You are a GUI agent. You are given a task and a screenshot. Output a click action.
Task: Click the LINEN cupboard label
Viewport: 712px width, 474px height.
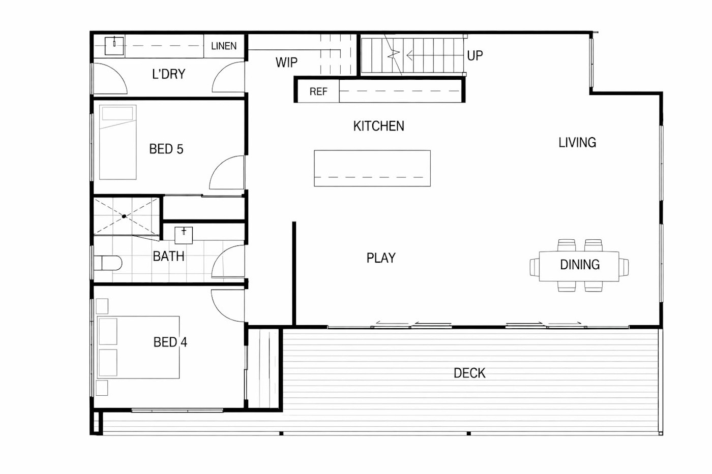(224, 46)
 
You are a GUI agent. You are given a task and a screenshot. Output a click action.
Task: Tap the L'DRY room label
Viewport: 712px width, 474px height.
(168, 74)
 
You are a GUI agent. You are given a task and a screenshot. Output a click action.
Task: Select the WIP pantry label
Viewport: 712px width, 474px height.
(286, 62)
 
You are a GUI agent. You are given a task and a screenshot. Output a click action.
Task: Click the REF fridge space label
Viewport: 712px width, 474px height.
(318, 91)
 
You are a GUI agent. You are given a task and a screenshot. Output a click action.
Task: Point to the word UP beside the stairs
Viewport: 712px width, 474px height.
(475, 55)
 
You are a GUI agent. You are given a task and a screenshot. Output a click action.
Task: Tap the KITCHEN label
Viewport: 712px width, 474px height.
(378, 126)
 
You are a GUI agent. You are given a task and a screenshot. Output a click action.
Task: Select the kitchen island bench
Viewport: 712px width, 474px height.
(372, 168)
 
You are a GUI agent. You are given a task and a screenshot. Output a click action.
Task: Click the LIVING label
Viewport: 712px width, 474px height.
(577, 143)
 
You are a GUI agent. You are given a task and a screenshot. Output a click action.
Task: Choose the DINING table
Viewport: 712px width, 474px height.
(579, 266)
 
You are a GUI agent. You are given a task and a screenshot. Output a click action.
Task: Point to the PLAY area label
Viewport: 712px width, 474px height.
(381, 258)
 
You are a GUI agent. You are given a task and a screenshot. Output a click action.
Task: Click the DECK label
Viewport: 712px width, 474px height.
(469, 373)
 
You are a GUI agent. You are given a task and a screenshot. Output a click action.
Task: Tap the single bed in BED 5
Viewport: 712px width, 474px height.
(118, 142)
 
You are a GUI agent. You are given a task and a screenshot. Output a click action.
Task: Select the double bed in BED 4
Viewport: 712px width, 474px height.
(138, 347)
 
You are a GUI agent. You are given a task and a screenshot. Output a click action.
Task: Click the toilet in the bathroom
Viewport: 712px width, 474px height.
(108, 263)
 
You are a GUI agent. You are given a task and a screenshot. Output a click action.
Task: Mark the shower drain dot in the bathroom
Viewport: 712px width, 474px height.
(124, 216)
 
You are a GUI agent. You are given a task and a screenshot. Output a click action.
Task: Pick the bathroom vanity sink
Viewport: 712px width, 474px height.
(184, 235)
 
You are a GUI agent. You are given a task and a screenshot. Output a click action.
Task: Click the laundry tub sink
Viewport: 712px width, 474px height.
(114, 46)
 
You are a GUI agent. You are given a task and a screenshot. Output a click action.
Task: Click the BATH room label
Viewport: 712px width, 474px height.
(168, 256)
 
